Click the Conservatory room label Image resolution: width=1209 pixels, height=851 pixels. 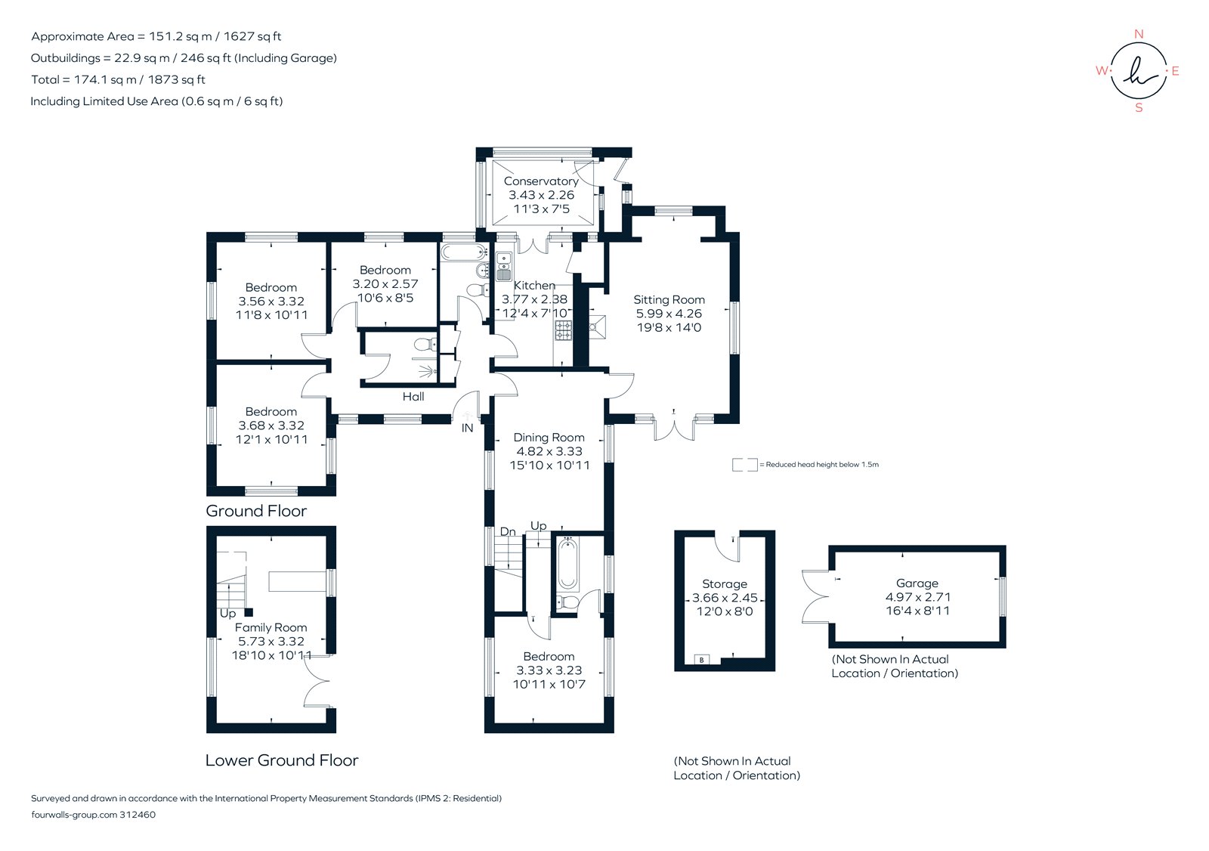(x=541, y=181)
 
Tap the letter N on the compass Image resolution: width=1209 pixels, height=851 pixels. (x=1139, y=34)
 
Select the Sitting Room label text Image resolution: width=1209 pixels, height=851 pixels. (x=669, y=300)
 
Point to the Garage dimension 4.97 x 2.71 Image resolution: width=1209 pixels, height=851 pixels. (x=917, y=597)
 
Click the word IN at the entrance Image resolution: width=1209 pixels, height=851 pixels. (x=467, y=429)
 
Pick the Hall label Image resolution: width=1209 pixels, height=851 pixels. (x=413, y=397)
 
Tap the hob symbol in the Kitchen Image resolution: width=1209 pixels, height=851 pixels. (x=564, y=329)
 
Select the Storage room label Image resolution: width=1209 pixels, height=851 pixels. (x=724, y=584)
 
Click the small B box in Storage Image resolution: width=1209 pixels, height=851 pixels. (x=701, y=660)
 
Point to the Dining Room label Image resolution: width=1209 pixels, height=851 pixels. (x=549, y=438)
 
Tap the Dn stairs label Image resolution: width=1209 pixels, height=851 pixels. (x=508, y=532)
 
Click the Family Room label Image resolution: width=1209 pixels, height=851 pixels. (x=271, y=628)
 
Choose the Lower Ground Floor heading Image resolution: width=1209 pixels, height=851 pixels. (x=281, y=760)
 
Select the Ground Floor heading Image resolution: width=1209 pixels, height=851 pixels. (x=256, y=511)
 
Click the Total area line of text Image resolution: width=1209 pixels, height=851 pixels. (x=118, y=79)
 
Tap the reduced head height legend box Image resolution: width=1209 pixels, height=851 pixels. (x=744, y=465)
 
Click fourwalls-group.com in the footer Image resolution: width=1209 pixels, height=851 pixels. (x=74, y=815)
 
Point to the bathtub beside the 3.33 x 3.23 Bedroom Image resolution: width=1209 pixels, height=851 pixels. (x=567, y=564)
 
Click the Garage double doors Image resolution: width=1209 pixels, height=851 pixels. (x=816, y=596)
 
